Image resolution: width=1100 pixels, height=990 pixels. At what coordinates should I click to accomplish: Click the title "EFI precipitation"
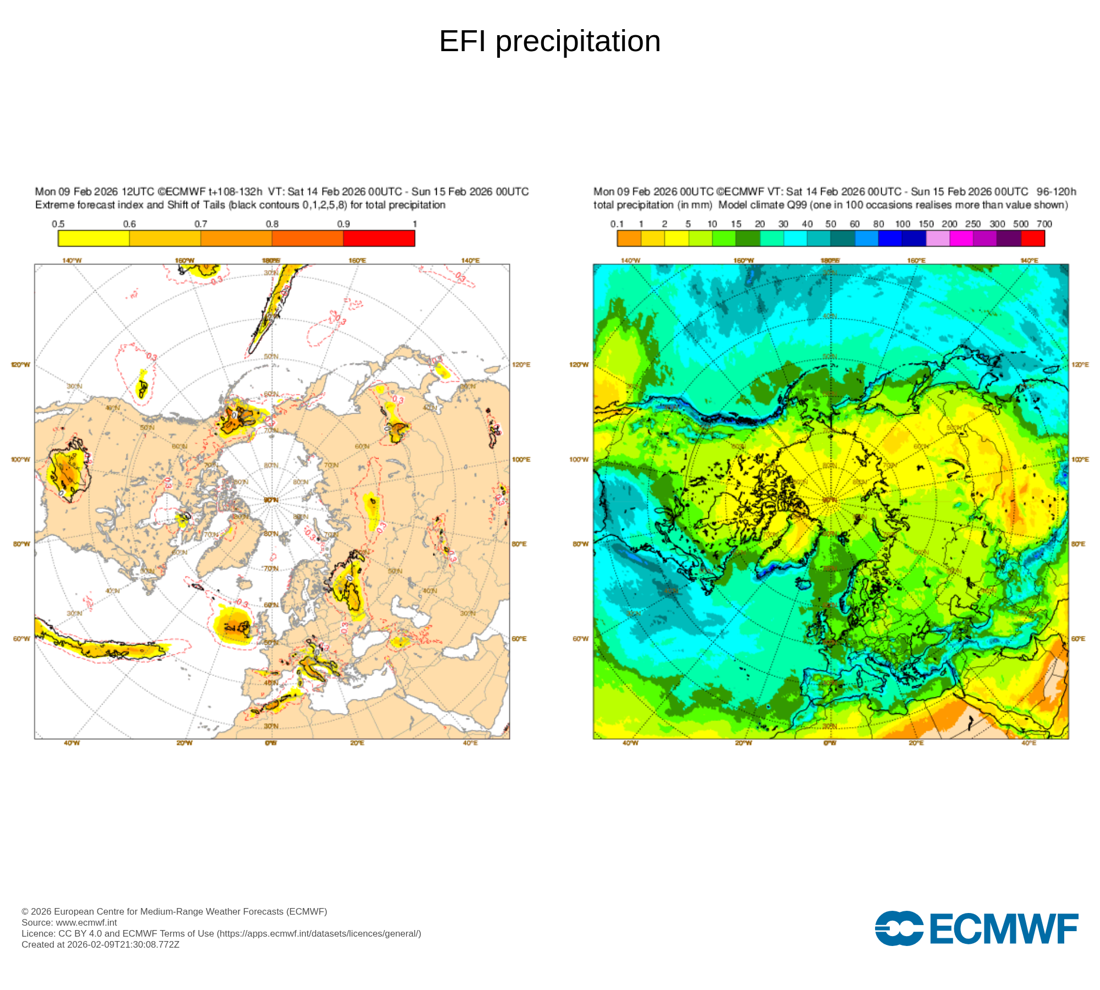[549, 41]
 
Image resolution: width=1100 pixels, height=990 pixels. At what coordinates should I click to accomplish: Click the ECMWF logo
[976, 928]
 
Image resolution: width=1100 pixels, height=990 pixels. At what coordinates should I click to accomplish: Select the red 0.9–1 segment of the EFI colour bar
[379, 238]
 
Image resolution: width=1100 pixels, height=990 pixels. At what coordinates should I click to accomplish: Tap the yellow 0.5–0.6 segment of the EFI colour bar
[94, 238]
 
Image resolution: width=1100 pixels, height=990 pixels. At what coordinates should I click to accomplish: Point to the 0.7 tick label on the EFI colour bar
[201, 224]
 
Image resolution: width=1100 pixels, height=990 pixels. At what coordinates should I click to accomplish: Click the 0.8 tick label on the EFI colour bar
[272, 224]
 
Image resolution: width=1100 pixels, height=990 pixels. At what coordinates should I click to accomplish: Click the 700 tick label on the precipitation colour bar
[1044, 224]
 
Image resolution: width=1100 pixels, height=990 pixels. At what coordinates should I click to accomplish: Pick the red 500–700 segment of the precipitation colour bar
[1032, 238]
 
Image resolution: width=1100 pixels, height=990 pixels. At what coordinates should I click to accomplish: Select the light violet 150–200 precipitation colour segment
[938, 238]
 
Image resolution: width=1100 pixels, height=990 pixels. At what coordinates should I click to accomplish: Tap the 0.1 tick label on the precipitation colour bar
[617, 224]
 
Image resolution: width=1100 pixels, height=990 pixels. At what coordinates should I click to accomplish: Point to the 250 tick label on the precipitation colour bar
[973, 224]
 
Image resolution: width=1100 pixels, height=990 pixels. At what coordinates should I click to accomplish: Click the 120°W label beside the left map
[20, 365]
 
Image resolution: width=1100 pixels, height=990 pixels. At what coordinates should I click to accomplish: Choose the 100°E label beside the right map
[1080, 459]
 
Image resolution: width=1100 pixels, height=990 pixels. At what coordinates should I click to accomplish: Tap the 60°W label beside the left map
[21, 639]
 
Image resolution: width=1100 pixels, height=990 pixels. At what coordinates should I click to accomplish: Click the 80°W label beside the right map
[580, 544]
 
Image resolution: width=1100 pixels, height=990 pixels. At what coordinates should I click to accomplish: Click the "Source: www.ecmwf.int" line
[69, 922]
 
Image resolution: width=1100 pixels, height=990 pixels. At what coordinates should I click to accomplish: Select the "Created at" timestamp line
[100, 944]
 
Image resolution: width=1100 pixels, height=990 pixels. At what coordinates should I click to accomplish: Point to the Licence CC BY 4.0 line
[221, 933]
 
